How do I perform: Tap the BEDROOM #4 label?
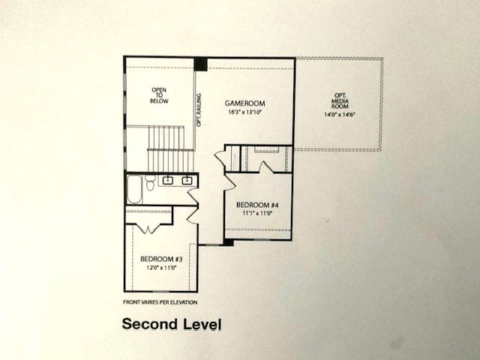click(257, 205)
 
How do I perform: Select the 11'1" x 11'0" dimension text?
click(257, 214)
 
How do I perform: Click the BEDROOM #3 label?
click(161, 259)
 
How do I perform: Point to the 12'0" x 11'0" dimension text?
click(161, 268)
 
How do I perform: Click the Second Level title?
click(172, 326)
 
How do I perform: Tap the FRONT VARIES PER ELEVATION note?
click(160, 302)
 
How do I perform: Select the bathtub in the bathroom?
click(134, 190)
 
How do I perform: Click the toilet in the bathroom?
click(151, 182)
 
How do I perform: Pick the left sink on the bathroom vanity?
click(168, 180)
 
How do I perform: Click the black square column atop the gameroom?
click(201, 64)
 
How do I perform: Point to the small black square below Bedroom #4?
click(228, 242)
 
